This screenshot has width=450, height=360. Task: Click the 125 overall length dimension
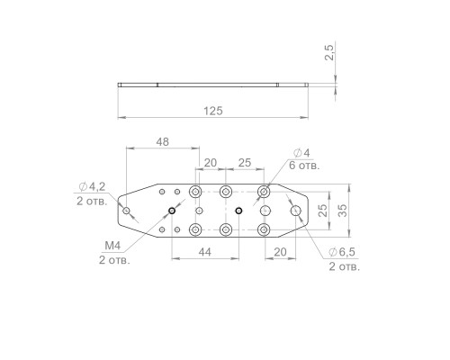coord(212,110)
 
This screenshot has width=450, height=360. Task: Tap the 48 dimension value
coord(162,141)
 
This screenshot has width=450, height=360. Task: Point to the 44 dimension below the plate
coord(206,255)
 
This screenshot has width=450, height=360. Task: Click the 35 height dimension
coord(341,211)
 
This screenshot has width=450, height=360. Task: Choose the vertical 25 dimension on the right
coord(323,211)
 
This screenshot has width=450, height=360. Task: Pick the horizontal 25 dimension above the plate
coord(244,163)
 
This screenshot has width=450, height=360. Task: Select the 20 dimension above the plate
coord(210,163)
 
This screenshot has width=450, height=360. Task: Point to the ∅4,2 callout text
coord(92,186)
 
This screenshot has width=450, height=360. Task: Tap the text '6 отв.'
coord(304,166)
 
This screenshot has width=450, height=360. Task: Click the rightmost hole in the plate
coord(296,211)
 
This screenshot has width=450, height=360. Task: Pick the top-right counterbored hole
coord(265,192)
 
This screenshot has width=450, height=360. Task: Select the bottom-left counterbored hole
coord(195,230)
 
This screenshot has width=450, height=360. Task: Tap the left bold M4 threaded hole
coord(171,211)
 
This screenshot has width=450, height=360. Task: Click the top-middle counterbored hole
coord(226,192)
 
